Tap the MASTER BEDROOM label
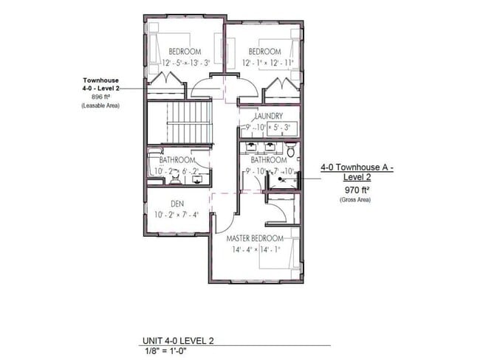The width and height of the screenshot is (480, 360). [x=256, y=239]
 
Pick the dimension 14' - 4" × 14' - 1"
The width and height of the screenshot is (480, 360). [x=256, y=249]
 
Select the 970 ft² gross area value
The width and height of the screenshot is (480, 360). [x=356, y=189]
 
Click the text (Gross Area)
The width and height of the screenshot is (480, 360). [x=356, y=200]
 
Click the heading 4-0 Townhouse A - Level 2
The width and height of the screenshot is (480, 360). [x=357, y=173]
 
